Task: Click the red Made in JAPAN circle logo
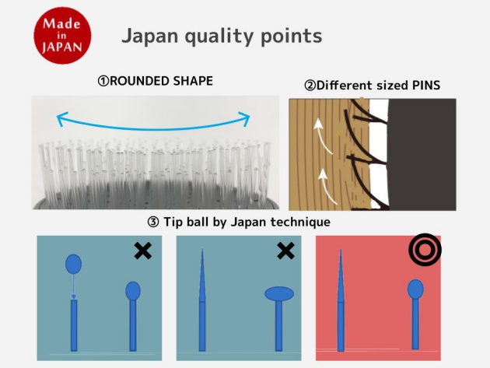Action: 62,35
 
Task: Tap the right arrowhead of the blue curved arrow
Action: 244,118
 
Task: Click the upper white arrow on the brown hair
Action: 322,135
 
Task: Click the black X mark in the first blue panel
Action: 143,251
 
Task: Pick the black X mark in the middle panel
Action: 285,251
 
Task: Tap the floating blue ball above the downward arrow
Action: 73,264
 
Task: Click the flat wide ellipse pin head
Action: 279,294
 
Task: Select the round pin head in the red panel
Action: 415,289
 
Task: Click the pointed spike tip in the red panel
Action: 341,250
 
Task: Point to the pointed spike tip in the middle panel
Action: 202,250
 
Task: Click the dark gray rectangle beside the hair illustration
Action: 422,155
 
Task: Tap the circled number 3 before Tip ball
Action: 153,223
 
